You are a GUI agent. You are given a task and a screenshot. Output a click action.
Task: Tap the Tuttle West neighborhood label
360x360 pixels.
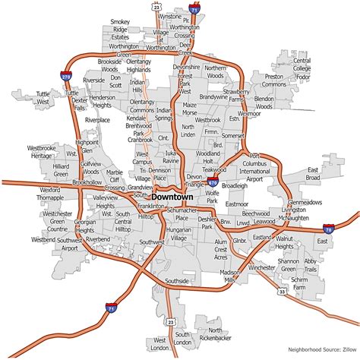[42, 96]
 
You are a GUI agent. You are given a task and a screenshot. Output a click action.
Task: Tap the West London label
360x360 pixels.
[159, 344]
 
